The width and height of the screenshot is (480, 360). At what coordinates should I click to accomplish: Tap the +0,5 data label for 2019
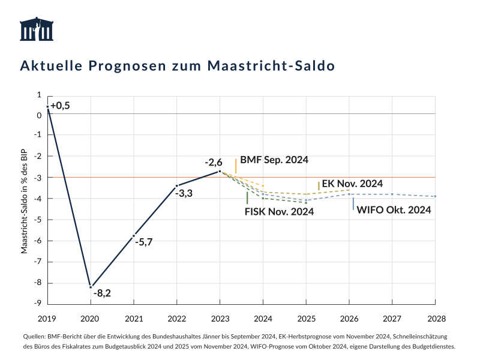[60, 106]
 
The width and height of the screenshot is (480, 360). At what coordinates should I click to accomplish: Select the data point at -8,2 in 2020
[91, 286]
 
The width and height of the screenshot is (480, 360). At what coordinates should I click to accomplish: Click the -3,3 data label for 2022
[184, 193]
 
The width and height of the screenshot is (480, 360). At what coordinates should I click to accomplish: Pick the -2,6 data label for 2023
[213, 162]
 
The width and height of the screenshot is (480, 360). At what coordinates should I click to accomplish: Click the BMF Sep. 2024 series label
[274, 160]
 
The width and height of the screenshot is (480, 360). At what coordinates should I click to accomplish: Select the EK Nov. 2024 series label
[352, 183]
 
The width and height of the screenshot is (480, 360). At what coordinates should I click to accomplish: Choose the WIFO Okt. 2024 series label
[394, 209]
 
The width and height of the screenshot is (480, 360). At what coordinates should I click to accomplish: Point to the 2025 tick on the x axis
[306, 317]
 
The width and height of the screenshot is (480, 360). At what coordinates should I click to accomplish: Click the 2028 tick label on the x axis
[436, 317]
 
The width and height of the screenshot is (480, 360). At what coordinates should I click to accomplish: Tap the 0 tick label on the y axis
[39, 116]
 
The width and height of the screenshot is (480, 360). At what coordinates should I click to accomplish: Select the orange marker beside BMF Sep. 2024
[236, 166]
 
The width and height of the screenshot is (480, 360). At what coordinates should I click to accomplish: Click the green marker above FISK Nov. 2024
[247, 198]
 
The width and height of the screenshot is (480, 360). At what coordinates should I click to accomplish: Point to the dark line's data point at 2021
[133, 236]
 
